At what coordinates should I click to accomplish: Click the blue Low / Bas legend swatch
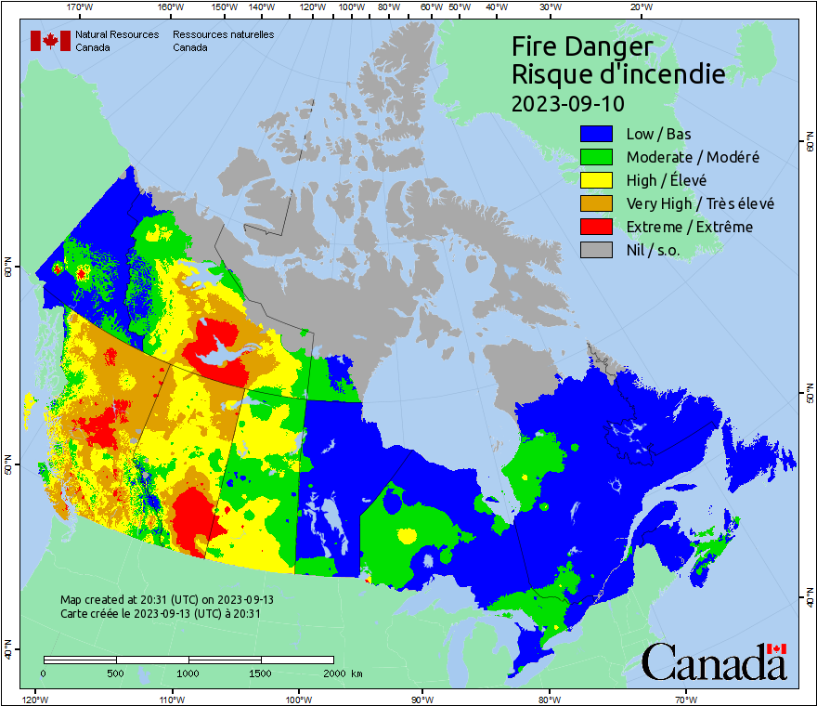(x=597, y=134)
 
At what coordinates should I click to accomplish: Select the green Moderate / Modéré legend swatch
(x=597, y=157)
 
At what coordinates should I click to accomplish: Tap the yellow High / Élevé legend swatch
(x=597, y=180)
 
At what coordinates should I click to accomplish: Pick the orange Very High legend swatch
(x=597, y=203)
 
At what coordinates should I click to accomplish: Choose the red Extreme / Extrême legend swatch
(x=597, y=227)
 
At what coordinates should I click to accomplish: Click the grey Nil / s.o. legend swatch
(x=597, y=250)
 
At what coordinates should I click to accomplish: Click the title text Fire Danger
(x=582, y=46)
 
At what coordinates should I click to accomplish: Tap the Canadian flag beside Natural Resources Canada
(x=50, y=41)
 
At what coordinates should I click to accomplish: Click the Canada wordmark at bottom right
(x=714, y=662)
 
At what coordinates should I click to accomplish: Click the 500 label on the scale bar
(x=116, y=673)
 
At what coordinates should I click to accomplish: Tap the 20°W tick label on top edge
(x=640, y=7)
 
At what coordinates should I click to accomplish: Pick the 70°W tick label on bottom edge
(x=686, y=699)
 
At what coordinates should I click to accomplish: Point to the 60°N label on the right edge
(x=808, y=144)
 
